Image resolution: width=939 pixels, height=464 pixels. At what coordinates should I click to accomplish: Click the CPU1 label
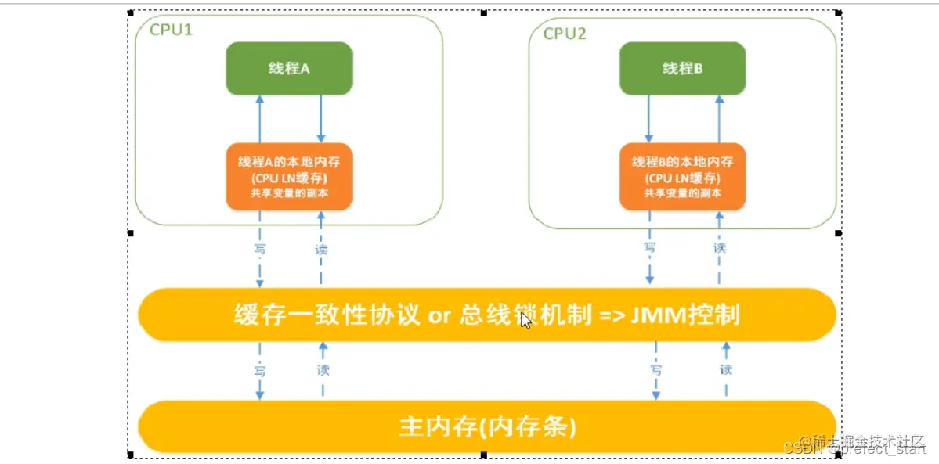pos(170,32)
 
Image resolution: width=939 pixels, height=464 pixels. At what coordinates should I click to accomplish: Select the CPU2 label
pos(565,33)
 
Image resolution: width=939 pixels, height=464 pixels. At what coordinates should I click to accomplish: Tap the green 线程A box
pos(289,68)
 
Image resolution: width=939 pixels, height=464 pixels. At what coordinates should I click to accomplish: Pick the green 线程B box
pos(682,68)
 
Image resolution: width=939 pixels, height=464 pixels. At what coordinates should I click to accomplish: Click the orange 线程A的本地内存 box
pos(289,177)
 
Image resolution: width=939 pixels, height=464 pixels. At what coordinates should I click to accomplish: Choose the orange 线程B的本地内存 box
pos(682,177)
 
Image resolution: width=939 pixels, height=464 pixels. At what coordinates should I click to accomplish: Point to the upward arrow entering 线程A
pos(258,119)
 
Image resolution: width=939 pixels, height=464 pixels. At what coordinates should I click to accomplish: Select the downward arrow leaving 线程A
pos(320,119)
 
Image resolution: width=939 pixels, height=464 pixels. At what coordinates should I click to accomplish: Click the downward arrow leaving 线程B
pos(649,119)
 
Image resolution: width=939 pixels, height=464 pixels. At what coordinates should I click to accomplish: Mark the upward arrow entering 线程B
pos(719,119)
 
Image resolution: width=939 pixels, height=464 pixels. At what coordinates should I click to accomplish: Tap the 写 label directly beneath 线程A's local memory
pos(260,249)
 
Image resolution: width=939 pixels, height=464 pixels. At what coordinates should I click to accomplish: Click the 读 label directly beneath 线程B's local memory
pos(719,247)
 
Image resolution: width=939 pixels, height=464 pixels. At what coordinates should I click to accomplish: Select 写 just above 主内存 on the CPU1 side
pos(260,368)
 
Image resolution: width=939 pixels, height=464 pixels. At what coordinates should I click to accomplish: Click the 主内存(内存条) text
pos(487,427)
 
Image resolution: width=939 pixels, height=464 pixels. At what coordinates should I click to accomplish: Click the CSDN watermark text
pos(800,448)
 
